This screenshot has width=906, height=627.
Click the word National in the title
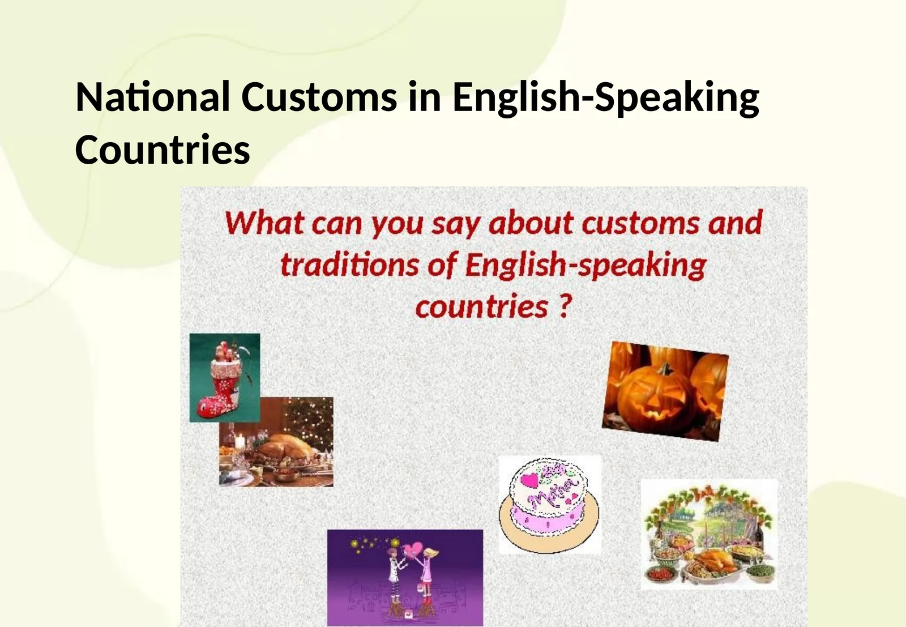152,97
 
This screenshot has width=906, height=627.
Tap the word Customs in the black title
319,97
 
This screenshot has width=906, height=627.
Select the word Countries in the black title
163,150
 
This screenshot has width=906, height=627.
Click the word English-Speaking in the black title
605,98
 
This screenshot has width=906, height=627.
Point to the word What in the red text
264,223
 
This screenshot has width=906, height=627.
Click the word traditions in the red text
349,265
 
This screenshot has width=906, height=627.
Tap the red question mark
565,306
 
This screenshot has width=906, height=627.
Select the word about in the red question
531,223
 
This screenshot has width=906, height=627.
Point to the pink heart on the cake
529,480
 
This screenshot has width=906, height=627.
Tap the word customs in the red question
639,223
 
